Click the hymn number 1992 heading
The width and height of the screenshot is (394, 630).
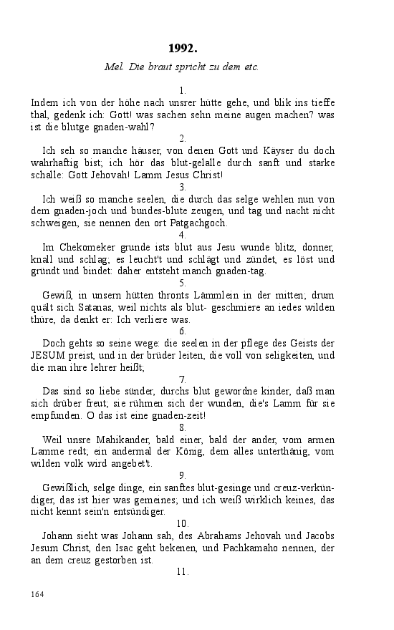click(183, 48)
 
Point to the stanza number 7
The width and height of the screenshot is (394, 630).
click(183, 379)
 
